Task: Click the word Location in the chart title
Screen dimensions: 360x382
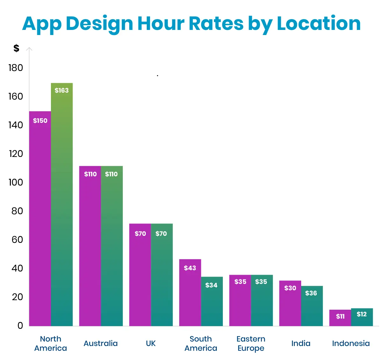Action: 319,23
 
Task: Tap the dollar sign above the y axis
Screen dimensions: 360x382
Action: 16,48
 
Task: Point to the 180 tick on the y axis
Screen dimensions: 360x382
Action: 16,68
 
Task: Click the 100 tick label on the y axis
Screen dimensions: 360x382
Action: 16,182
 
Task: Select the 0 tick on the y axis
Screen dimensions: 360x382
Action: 20,325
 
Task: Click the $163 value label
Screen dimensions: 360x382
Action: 61,90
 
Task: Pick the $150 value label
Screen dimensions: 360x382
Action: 40,121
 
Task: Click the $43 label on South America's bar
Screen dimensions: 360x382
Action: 190,268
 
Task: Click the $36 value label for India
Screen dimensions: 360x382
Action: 311,293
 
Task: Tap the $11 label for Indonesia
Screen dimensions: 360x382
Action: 340,316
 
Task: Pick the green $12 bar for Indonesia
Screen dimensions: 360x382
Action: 362,320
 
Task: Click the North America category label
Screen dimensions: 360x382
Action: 51,343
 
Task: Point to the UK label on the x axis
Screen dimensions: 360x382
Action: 151,343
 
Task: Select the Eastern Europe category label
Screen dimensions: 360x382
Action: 251,343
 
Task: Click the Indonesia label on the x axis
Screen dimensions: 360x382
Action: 351,343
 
